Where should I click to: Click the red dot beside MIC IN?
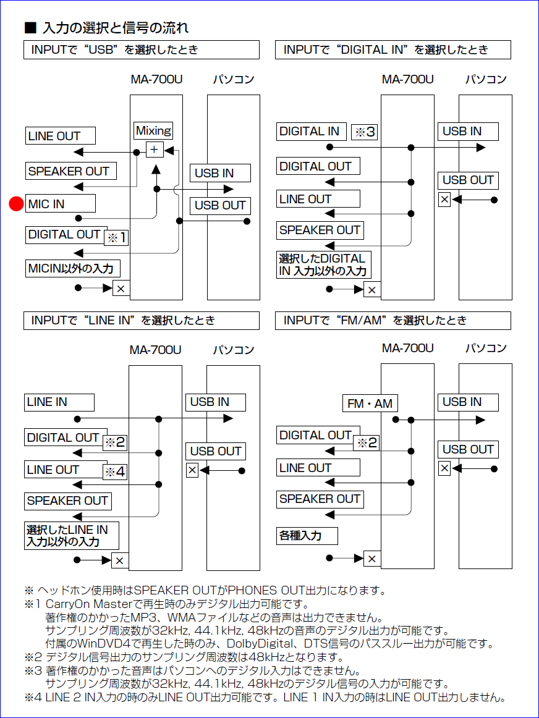pyautogui.click(x=16, y=204)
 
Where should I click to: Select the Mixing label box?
pyautogui.click(x=153, y=130)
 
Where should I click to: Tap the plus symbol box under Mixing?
pyautogui.click(x=154, y=150)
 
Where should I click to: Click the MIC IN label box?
pyautogui.click(x=61, y=204)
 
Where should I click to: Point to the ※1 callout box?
pyautogui.click(x=116, y=237)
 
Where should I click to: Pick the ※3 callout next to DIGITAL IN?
pyautogui.click(x=364, y=132)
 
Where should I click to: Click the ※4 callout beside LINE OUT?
pyautogui.click(x=114, y=472)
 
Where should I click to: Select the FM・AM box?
pyautogui.click(x=370, y=403)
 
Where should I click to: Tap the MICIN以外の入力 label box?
pyautogui.click(x=73, y=269)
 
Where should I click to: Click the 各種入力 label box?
pyautogui.click(x=307, y=535)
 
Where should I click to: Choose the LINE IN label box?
pyautogui.click(x=59, y=402)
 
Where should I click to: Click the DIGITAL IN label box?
pyautogui.click(x=311, y=131)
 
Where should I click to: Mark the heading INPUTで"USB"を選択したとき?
pyautogui.click(x=141, y=50)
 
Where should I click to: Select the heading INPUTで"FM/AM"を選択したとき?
pyautogui.click(x=393, y=320)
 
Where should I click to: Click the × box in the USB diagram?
pyautogui.click(x=121, y=288)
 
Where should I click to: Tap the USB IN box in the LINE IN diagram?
pyautogui.click(x=215, y=402)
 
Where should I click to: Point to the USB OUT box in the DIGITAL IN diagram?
pyautogui.click(x=468, y=180)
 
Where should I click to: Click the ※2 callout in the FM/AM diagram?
pyautogui.click(x=365, y=442)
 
